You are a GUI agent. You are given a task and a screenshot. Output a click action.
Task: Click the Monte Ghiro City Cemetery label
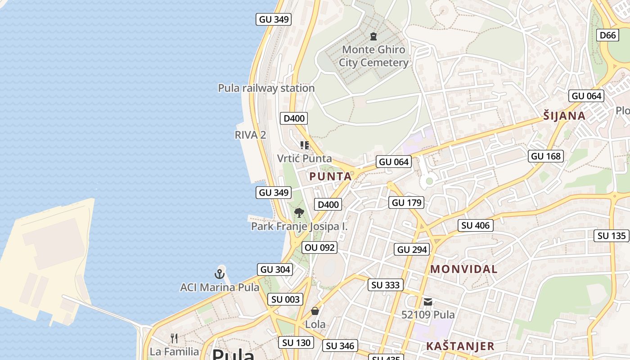373,56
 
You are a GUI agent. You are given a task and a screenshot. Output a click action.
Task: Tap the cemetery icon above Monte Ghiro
373,36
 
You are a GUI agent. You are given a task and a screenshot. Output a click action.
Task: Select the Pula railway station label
266,88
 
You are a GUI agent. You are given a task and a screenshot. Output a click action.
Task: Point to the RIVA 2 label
250,135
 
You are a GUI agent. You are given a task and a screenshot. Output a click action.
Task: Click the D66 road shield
607,35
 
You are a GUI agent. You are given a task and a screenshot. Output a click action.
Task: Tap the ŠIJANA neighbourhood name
564,116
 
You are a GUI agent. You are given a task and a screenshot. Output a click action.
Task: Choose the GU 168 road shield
546,156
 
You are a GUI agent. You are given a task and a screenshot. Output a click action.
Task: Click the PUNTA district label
331,176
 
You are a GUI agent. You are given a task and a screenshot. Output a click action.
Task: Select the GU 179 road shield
407,202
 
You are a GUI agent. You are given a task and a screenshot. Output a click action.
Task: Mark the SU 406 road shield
476,225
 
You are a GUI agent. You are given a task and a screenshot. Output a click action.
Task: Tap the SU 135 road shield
612,236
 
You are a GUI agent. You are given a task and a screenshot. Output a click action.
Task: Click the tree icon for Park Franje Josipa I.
299,212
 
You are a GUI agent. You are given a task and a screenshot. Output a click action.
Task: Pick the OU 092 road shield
319,247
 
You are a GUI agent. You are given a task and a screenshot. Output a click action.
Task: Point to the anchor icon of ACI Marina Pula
219,274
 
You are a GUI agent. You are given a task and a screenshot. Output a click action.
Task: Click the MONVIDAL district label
464,269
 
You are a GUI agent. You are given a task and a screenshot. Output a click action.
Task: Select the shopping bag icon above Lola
315,311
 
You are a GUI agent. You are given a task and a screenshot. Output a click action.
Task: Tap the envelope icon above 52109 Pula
427,302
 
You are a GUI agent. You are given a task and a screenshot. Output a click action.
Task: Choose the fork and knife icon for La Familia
174,338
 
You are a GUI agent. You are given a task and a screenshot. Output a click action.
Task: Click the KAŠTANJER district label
460,346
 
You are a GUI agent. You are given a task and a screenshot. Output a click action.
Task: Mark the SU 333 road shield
386,285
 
